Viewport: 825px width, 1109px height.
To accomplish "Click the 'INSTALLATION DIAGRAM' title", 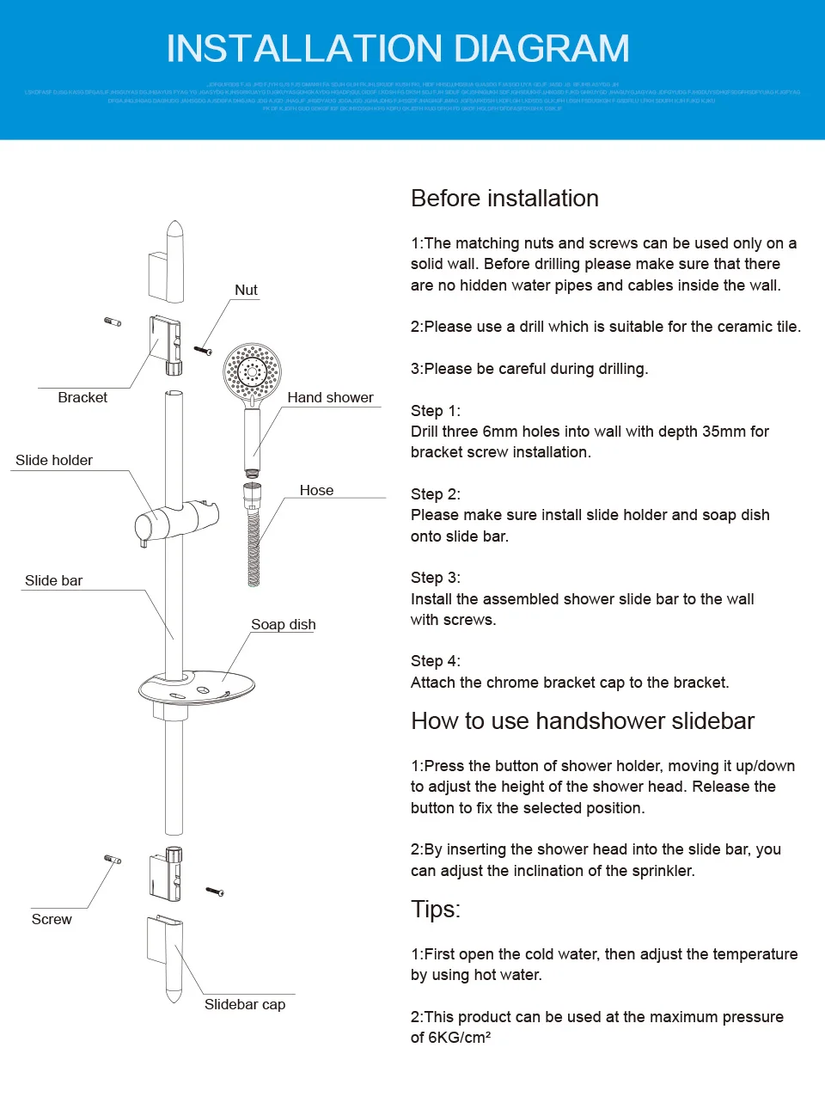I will pyautogui.click(x=398, y=49).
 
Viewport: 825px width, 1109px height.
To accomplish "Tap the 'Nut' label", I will pyautogui.click(x=246, y=291).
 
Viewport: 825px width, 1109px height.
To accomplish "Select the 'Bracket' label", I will pyautogui.click(x=82, y=397).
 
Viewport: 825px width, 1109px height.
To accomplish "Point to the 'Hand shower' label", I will pyautogui.click(x=330, y=397).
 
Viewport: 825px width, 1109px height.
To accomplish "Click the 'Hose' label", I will pyautogui.click(x=316, y=490).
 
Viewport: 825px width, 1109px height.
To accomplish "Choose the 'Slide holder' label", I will pyautogui.click(x=54, y=460).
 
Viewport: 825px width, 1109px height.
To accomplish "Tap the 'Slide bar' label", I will pyautogui.click(x=53, y=580).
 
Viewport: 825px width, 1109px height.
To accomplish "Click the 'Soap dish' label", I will pyautogui.click(x=283, y=624).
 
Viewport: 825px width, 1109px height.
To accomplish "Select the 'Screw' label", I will pyautogui.click(x=52, y=919).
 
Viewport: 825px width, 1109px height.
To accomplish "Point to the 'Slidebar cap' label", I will pyautogui.click(x=245, y=1004).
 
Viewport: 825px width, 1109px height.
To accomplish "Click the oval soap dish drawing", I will pyautogui.click(x=199, y=687).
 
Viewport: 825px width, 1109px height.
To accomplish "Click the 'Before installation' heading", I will pyautogui.click(x=504, y=199).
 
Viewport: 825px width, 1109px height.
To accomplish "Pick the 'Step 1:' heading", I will pyautogui.click(x=436, y=411).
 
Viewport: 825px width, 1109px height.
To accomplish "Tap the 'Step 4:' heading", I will pyautogui.click(x=436, y=661).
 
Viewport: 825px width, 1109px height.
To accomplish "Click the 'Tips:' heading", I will pyautogui.click(x=436, y=910).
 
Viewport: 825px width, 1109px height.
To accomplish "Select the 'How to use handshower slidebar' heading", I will pyautogui.click(x=583, y=721).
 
